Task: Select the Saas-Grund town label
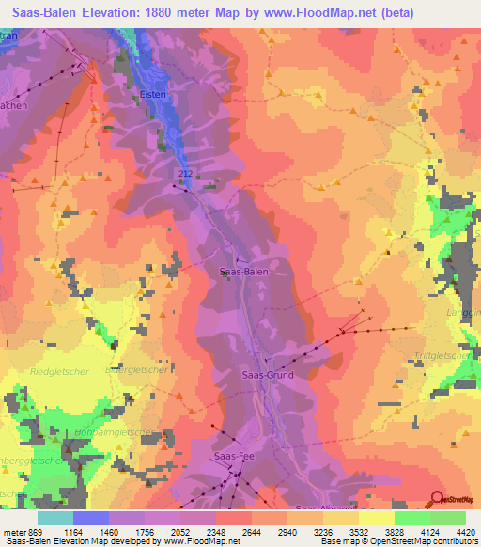click(268, 375)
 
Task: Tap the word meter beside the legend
click(15, 531)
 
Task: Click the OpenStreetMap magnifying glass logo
click(436, 500)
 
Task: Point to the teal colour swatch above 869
click(55, 518)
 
